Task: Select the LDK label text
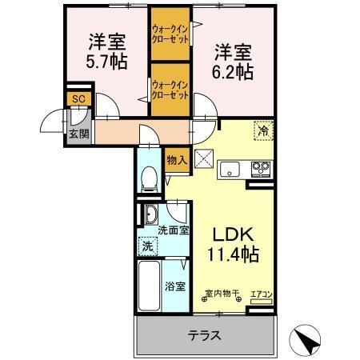click(232, 234)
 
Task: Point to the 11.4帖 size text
click(233, 255)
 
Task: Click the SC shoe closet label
click(78, 98)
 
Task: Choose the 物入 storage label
click(177, 160)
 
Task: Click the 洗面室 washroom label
click(173, 230)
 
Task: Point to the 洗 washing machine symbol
click(147, 247)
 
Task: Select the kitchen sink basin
click(230, 169)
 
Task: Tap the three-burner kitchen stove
click(261, 169)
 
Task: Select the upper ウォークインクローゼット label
click(170, 35)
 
